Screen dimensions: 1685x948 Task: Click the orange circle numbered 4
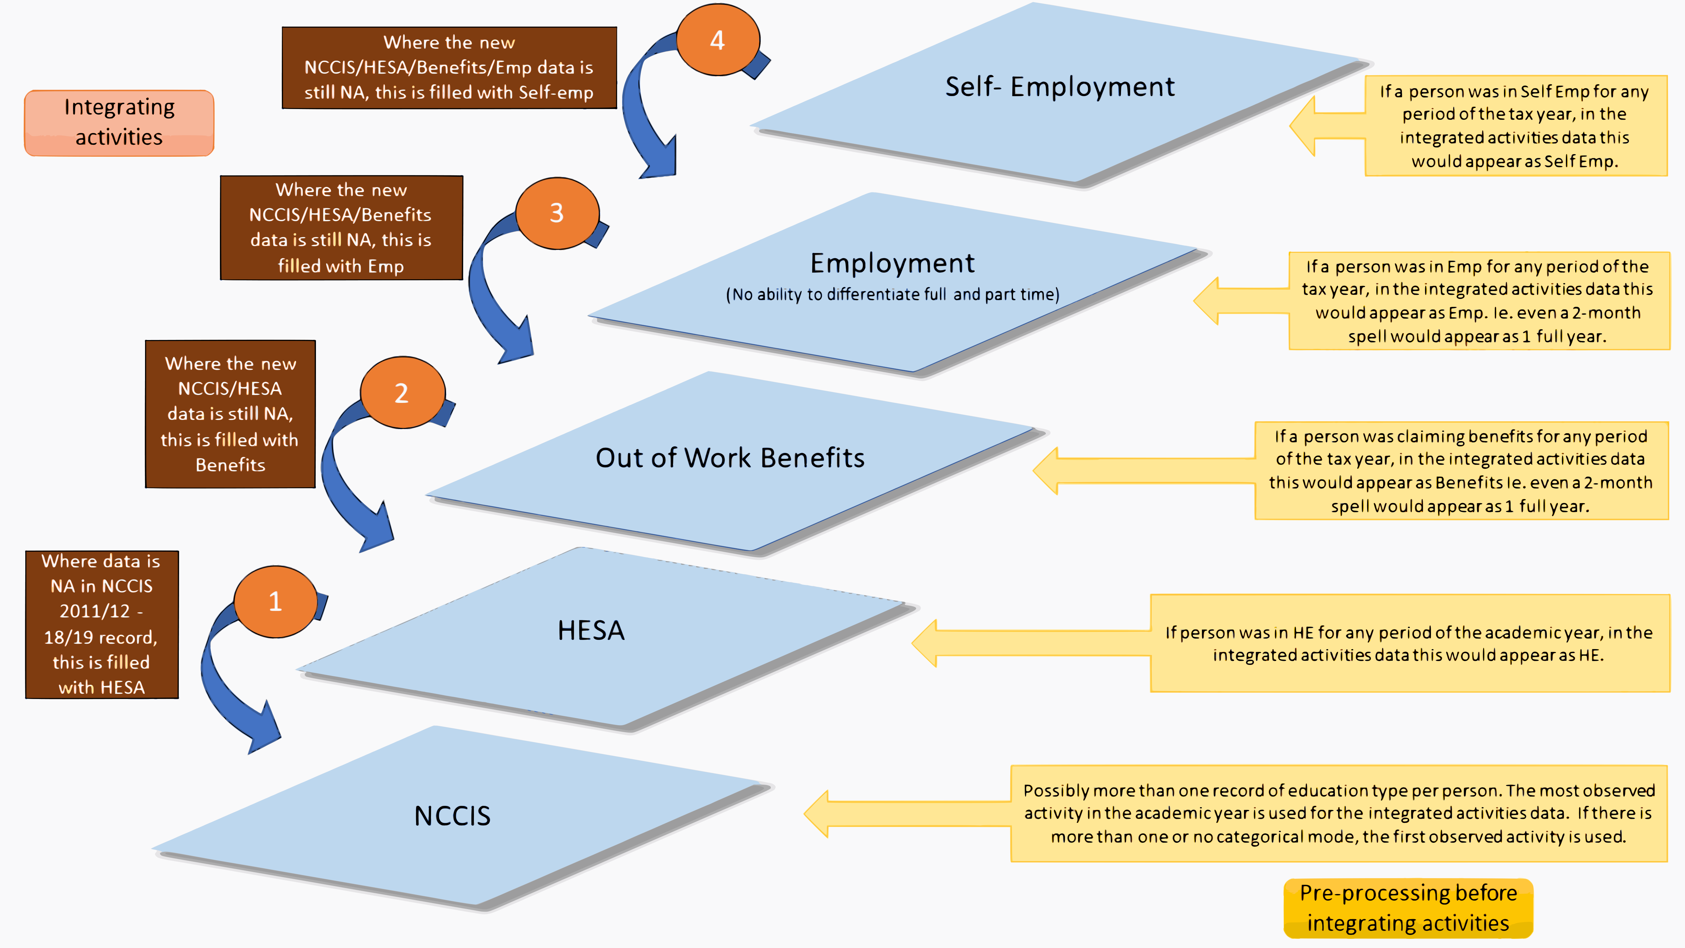718,40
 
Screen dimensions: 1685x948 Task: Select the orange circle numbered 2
402,392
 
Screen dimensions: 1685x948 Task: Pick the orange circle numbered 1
276,601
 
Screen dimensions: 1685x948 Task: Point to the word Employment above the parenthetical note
892,263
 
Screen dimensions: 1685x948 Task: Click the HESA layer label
591,630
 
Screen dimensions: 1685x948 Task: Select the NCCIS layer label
452,816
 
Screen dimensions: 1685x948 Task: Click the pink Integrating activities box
119,123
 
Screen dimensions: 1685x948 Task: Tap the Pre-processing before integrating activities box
1408,908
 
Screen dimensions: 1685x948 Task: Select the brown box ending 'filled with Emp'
342,228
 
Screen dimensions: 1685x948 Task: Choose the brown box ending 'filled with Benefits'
230,413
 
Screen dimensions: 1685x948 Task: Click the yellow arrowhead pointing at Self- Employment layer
1302,126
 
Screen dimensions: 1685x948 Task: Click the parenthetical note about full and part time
892,295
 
